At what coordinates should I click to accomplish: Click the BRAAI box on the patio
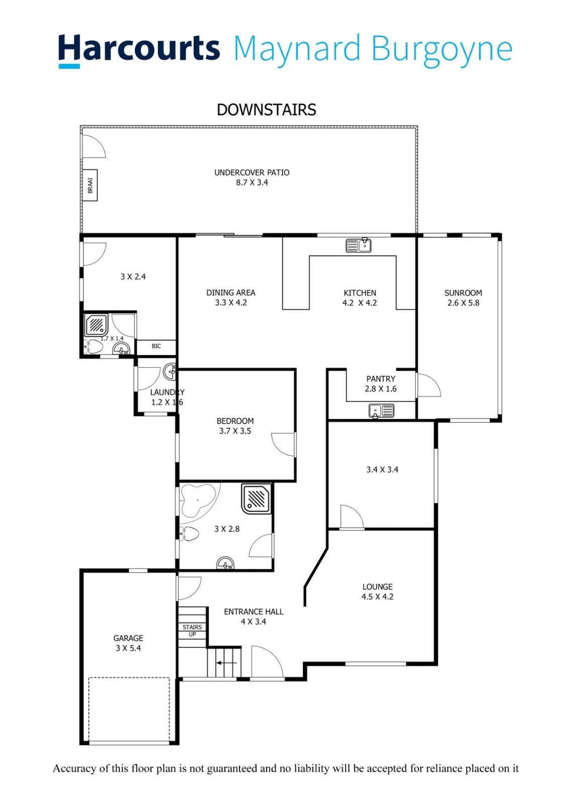coord(90,185)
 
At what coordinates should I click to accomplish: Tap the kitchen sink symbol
coord(358,246)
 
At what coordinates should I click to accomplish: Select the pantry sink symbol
coord(381,411)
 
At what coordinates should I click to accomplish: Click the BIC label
coord(156,346)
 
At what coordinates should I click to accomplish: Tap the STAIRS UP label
coord(192,631)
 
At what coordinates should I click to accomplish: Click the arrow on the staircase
coord(226,663)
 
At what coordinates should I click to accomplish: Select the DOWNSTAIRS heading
coord(266,110)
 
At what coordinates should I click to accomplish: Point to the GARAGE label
coord(128,638)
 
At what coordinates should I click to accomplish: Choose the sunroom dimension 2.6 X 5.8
coord(463,303)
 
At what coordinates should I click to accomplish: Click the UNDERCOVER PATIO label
coord(252,173)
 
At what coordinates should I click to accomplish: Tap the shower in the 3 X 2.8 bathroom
coord(256,499)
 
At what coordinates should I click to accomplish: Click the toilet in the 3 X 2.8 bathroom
coord(189,534)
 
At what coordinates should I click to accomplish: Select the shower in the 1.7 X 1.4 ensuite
coord(96,325)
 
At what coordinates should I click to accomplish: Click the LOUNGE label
coord(377,587)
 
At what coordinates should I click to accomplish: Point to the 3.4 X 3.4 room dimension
coord(382,469)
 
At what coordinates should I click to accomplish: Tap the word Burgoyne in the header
coord(442,50)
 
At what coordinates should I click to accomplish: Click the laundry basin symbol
coord(170,372)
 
